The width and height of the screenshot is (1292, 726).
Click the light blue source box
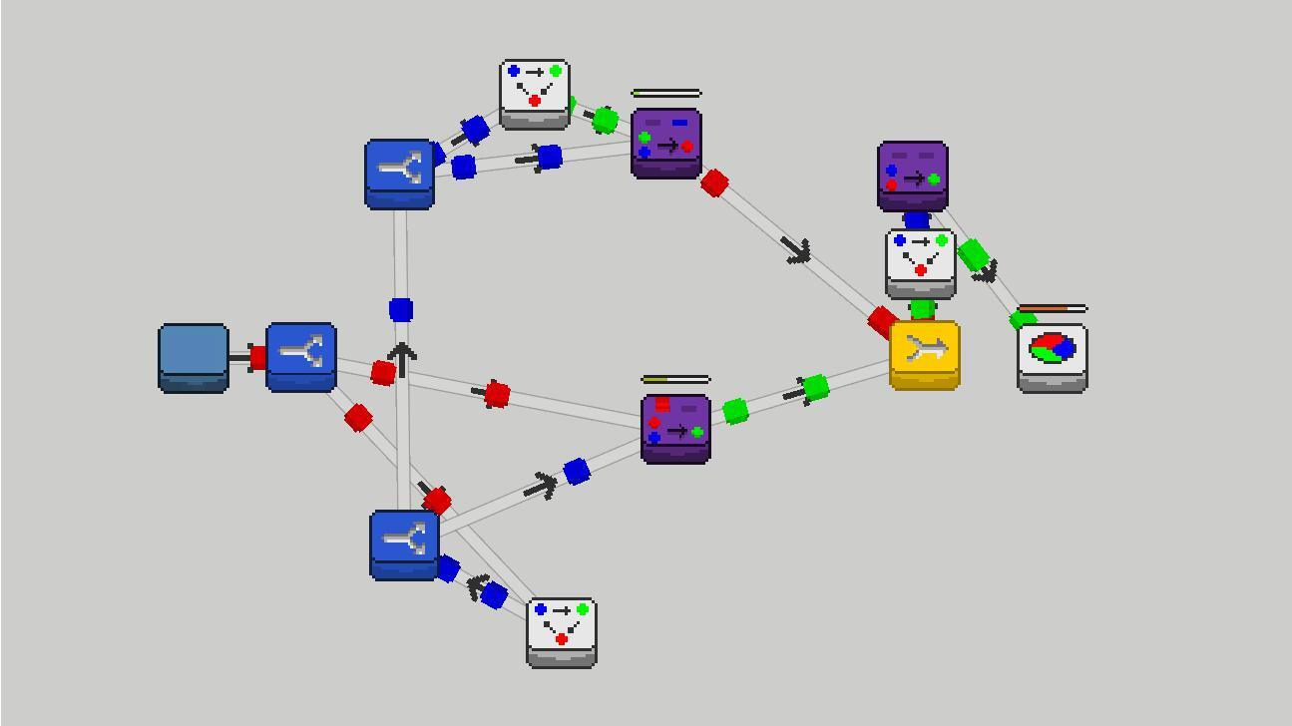[194, 357]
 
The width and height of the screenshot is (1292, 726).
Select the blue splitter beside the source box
[300, 356]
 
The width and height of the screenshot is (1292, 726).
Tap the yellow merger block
[925, 354]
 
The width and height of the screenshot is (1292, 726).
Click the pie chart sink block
[1053, 356]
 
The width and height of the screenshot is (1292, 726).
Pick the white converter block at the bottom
[562, 631]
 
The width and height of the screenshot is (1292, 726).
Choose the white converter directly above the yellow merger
[921, 263]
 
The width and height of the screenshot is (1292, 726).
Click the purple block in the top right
[913, 176]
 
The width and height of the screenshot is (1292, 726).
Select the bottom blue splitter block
[404, 544]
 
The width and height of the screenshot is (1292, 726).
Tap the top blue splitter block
[399, 174]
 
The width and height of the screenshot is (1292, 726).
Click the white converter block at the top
[535, 94]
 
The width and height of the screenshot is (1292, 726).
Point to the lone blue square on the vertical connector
[401, 310]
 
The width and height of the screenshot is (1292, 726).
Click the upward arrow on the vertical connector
[402, 357]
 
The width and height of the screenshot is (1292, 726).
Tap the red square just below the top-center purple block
[714, 182]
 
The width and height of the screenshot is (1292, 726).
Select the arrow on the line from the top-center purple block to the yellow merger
[796, 250]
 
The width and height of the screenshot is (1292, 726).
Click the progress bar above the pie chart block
[1053, 309]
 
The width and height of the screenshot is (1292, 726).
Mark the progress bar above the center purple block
[675, 380]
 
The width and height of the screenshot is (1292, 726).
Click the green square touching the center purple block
[735, 411]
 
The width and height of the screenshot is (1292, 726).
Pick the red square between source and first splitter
[257, 357]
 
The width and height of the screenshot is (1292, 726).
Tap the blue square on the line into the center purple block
[576, 472]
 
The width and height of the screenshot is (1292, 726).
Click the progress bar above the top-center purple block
[666, 94]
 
